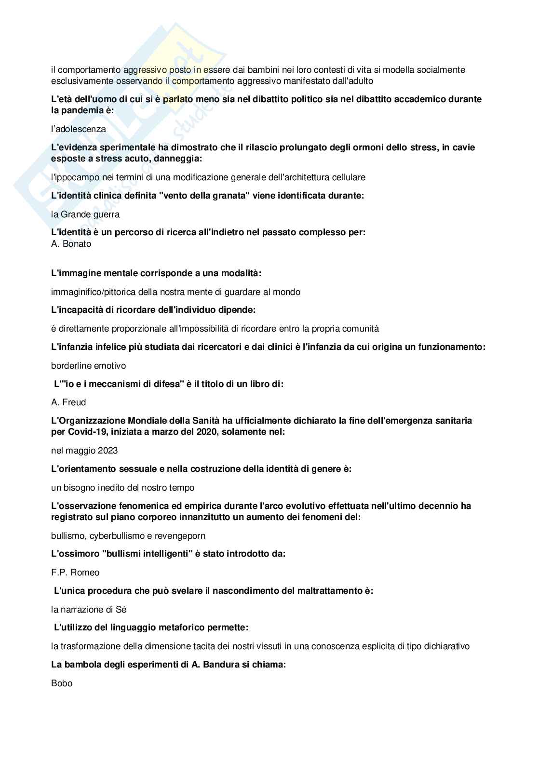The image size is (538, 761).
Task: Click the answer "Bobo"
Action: pos(62,683)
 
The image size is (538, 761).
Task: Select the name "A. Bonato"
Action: pos(71,244)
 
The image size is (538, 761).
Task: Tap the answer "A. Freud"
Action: pos(68,402)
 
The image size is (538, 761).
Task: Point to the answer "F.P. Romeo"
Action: pos(75,573)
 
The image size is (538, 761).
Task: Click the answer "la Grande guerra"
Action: pos(85,214)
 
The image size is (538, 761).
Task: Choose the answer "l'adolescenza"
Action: pos(78,129)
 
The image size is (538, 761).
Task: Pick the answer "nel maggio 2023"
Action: pos(84,451)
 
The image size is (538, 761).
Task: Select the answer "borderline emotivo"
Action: pos(88,366)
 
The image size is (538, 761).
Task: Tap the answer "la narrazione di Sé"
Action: pos(89,610)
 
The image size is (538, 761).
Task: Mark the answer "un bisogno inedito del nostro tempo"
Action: pos(122,488)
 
